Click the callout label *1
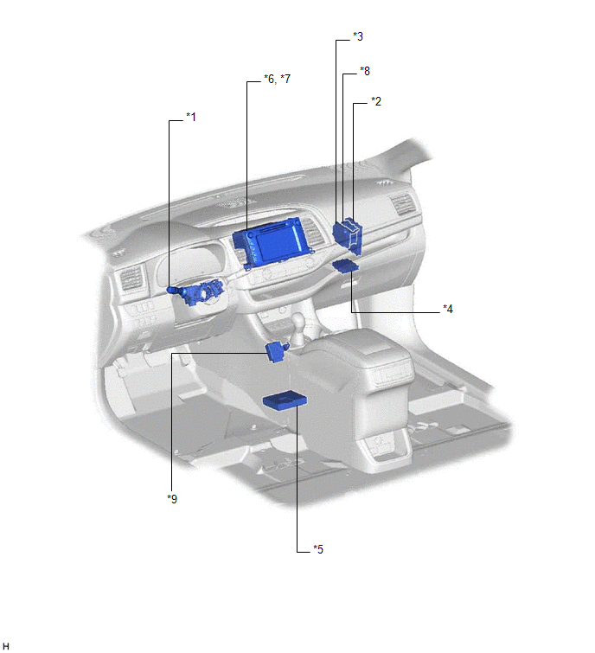pyautogui.click(x=191, y=117)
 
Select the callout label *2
pyautogui.click(x=376, y=101)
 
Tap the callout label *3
pyautogui.click(x=358, y=36)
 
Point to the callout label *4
pyautogui.click(x=448, y=309)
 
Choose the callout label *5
pyautogui.click(x=318, y=549)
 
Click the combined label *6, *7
pyautogui.click(x=277, y=79)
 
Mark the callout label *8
pyautogui.click(x=365, y=71)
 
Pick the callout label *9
pyautogui.click(x=172, y=498)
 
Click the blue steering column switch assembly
pyautogui.click(x=195, y=292)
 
